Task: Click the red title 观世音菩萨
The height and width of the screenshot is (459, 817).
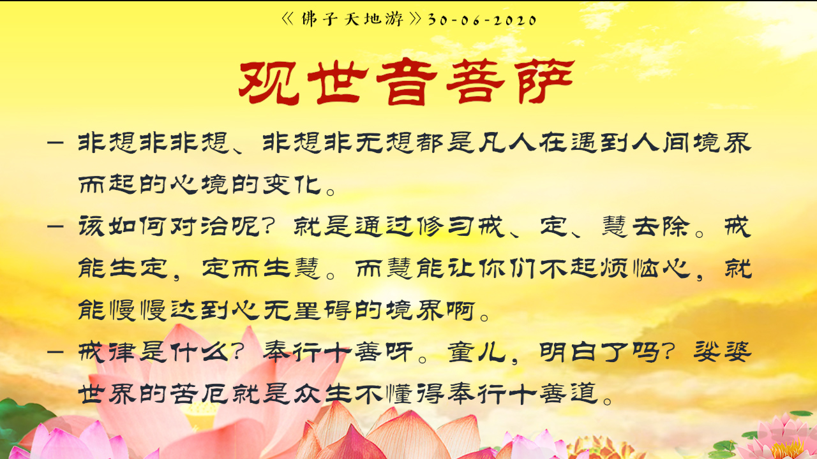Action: point(407,82)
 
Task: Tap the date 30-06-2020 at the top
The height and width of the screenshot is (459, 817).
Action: point(482,20)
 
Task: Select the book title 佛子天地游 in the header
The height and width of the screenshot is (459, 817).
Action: point(352,19)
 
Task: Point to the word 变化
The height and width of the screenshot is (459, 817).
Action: point(292,184)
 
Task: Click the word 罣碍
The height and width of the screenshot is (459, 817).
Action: point(323,310)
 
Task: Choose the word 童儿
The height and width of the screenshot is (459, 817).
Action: point(477,353)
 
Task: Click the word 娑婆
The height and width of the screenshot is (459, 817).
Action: point(723,353)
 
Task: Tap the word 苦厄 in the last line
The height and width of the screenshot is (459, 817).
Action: point(200,394)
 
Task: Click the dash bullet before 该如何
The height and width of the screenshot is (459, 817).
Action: point(56,226)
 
